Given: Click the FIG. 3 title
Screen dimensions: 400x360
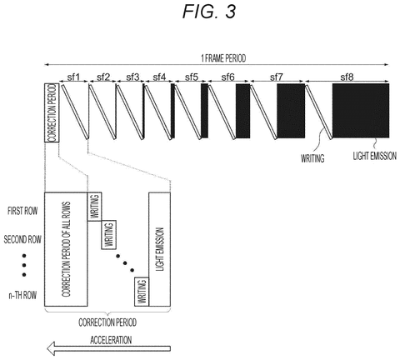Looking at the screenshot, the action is click(209, 12).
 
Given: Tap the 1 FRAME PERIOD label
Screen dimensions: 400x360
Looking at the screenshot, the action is click(223, 58).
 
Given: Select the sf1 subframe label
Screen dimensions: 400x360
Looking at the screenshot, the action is click(73, 77).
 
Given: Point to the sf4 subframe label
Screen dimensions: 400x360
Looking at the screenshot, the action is click(159, 77).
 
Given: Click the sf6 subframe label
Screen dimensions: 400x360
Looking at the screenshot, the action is click(227, 77).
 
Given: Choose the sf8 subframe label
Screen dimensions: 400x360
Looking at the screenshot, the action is click(347, 77).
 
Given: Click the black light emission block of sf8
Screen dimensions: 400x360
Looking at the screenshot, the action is click(361, 111).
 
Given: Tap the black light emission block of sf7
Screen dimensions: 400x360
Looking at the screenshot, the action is click(291, 111).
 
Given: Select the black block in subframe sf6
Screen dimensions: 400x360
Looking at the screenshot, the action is click(243, 111).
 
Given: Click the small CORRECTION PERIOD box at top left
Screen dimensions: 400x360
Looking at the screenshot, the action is click(52, 112).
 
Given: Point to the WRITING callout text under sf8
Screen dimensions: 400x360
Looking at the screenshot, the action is click(312, 158).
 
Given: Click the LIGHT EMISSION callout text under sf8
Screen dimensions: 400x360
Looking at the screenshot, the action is click(375, 156).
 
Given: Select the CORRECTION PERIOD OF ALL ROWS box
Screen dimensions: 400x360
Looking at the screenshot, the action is click(66, 249).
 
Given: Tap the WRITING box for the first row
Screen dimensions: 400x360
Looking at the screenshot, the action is click(94, 207).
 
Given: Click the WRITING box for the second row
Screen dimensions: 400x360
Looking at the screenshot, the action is click(108, 235).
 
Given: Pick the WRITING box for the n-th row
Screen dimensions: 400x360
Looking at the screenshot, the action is click(142, 292).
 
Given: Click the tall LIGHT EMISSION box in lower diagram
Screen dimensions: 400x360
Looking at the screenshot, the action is click(159, 249).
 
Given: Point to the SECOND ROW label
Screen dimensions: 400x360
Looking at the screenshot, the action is click(22, 239).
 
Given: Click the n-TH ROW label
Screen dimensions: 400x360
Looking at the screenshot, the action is click(22, 295).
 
